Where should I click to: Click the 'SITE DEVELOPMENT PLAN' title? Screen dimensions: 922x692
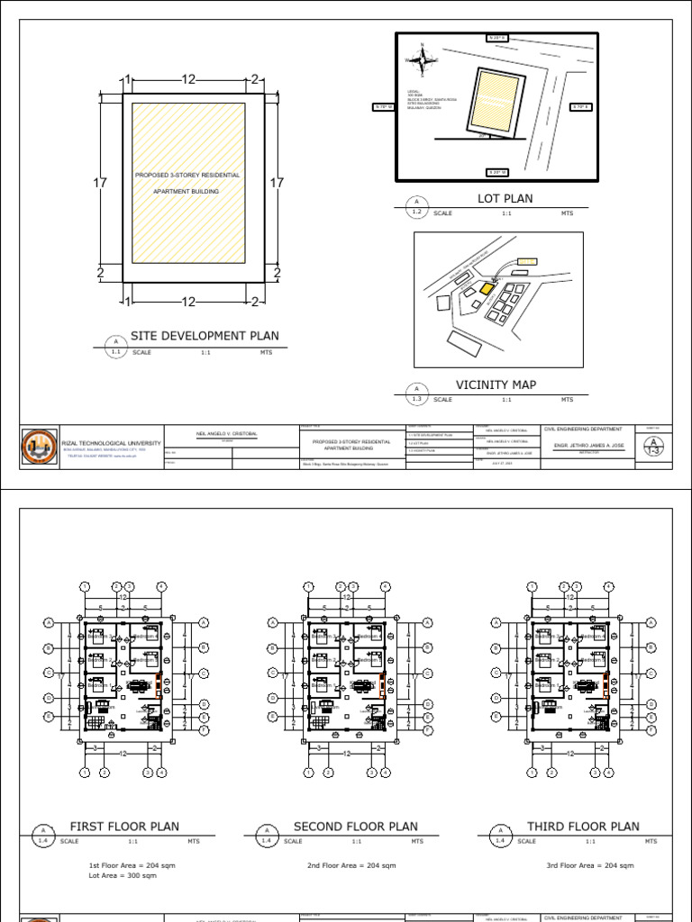[x=205, y=336]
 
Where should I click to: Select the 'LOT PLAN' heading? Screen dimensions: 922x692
[x=505, y=198]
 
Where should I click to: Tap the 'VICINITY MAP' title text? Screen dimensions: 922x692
[x=496, y=384]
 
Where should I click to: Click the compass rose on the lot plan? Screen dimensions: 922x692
[x=422, y=59]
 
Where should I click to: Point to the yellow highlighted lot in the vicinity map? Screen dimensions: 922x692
[x=486, y=289]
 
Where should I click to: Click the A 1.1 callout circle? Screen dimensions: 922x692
[x=115, y=347]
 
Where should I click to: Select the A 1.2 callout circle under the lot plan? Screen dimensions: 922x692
[x=416, y=207]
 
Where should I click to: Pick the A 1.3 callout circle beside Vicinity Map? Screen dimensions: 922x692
[x=416, y=393]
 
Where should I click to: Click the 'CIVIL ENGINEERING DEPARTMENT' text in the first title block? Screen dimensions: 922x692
[x=583, y=429]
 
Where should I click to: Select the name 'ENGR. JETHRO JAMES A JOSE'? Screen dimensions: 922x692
[x=583, y=445]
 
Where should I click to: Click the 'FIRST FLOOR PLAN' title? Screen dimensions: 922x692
[x=124, y=827]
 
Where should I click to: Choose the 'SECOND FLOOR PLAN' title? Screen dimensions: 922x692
[x=355, y=827]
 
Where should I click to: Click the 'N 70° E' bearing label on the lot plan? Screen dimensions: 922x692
[x=580, y=107]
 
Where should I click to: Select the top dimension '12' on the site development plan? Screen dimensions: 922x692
[x=188, y=80]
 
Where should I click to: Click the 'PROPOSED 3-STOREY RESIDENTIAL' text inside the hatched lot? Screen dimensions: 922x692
[x=187, y=176]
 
